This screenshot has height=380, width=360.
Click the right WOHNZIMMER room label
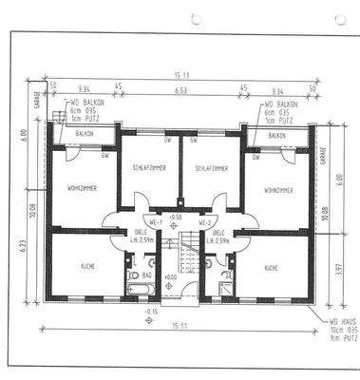tap(278, 190)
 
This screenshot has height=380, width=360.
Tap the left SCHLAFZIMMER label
tap(149, 167)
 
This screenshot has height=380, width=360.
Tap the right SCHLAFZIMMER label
tap(210, 167)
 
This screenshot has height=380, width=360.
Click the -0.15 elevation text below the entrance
tap(151, 312)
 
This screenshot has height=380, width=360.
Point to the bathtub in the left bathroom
tap(132, 286)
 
